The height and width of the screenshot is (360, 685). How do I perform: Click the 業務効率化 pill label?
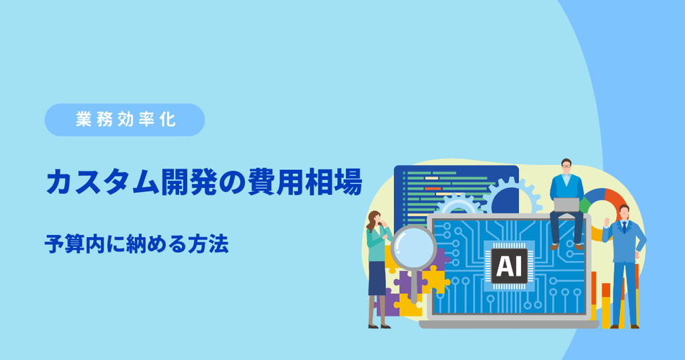[x=125, y=120]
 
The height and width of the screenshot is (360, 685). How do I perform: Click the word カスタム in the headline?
[x=102, y=182]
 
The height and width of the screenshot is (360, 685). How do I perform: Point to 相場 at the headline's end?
[x=334, y=182]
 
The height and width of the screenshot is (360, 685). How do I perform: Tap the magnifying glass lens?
[x=413, y=248]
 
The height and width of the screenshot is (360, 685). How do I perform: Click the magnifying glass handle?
[x=413, y=286]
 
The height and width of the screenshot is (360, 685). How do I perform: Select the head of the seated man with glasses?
[x=566, y=167]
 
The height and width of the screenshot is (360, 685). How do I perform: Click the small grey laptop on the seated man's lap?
[x=566, y=205]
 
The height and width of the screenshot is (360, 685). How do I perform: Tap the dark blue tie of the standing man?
[x=624, y=228]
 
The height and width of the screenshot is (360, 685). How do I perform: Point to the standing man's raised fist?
[x=606, y=221]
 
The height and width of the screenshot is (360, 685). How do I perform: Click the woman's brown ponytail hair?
[x=371, y=221]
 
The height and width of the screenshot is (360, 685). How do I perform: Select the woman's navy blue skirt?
[x=377, y=278]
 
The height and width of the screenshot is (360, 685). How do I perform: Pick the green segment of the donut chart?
[x=583, y=204]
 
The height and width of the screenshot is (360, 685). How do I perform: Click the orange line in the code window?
[x=433, y=189]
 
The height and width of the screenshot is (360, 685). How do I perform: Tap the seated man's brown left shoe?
[x=555, y=246]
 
